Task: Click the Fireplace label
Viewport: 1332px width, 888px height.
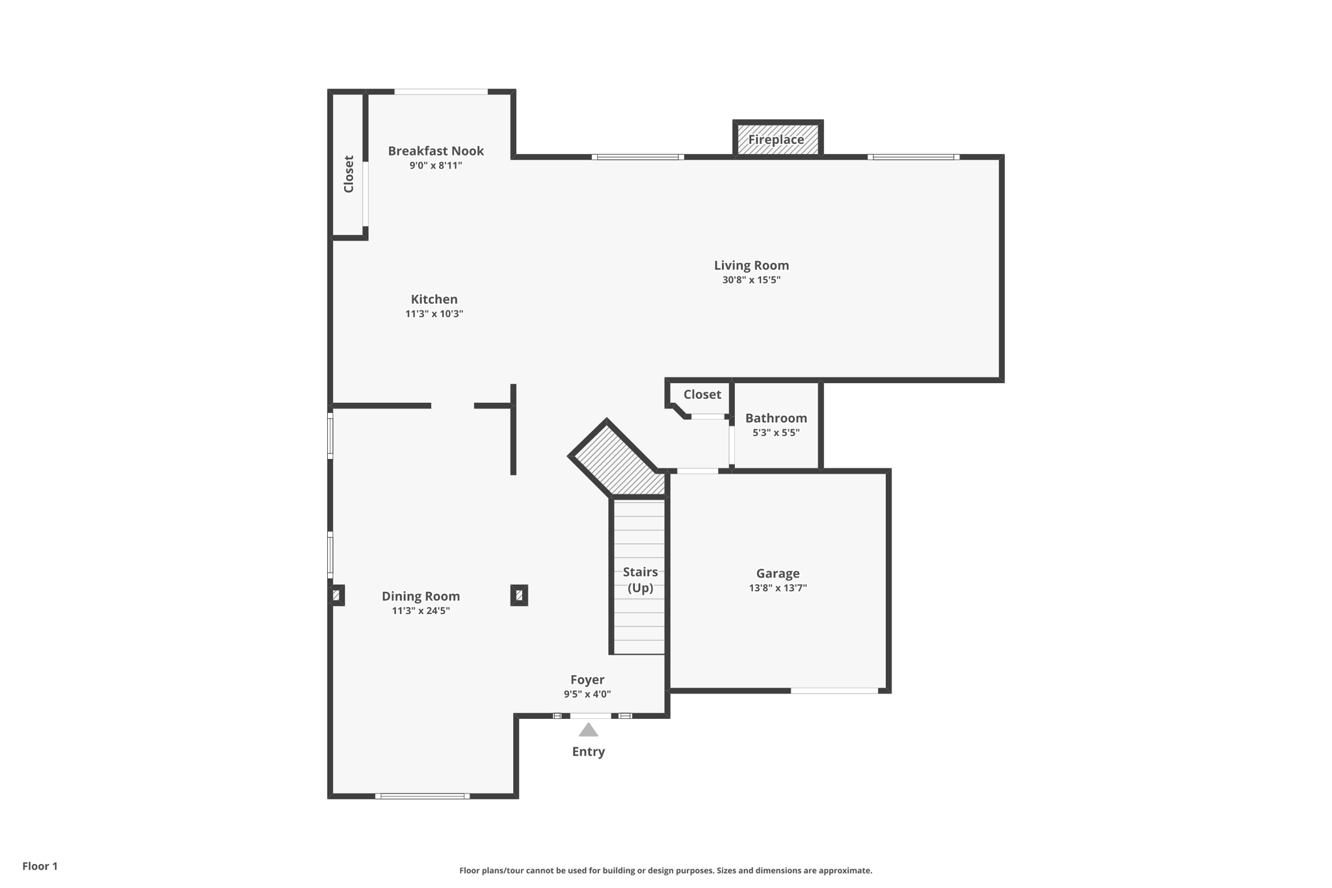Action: pyautogui.click(x=776, y=139)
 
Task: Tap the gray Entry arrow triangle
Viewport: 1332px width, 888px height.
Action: pyautogui.click(x=589, y=730)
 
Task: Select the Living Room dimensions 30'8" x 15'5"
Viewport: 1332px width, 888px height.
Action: pyautogui.click(x=751, y=280)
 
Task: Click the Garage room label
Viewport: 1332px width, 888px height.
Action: pyautogui.click(x=778, y=573)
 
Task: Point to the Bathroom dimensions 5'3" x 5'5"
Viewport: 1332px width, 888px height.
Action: pyautogui.click(x=776, y=433)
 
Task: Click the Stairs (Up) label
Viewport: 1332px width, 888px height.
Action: pyautogui.click(x=641, y=580)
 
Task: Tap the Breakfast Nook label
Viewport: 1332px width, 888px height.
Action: pyautogui.click(x=436, y=151)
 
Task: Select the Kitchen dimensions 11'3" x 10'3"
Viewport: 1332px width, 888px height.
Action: pyautogui.click(x=434, y=314)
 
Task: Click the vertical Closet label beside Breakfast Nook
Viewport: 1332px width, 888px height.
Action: pyautogui.click(x=349, y=174)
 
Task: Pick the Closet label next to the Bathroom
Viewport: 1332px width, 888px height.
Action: pyautogui.click(x=702, y=394)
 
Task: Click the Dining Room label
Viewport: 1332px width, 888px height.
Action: pyautogui.click(x=421, y=596)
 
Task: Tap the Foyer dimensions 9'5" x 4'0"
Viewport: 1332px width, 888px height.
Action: pyautogui.click(x=587, y=694)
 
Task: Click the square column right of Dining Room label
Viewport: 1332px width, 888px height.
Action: pyautogui.click(x=519, y=595)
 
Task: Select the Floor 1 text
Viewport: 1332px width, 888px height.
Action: pyautogui.click(x=40, y=866)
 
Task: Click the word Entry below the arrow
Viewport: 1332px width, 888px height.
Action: pyautogui.click(x=589, y=751)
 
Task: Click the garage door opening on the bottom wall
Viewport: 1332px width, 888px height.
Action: pyautogui.click(x=834, y=691)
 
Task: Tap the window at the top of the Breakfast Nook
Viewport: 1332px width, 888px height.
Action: pyautogui.click(x=441, y=92)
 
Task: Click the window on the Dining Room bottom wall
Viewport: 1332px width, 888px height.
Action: pyautogui.click(x=422, y=796)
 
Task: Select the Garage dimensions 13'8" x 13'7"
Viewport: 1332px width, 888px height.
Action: pyautogui.click(x=778, y=588)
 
